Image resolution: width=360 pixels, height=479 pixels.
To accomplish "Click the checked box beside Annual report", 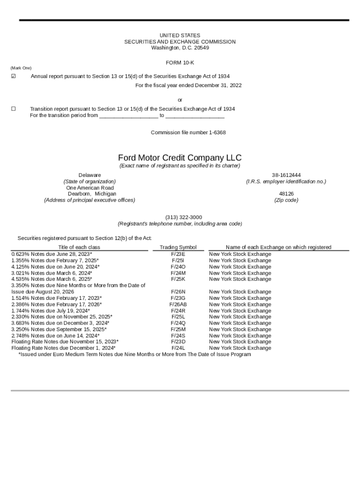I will click(x=13, y=76).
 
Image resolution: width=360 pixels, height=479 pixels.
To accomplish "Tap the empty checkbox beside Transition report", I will click(x=13, y=109).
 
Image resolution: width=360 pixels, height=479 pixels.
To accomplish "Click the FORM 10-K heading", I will click(x=180, y=63).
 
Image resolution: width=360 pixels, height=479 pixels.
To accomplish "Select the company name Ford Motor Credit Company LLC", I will click(x=180, y=158).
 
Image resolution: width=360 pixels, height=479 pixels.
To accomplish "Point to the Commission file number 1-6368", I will click(x=188, y=132).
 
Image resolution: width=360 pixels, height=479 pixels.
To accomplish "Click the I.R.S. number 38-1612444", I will click(x=286, y=175).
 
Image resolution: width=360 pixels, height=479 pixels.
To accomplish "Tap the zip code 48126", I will click(x=286, y=193).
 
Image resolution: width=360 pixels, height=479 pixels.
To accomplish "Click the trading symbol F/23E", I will click(x=178, y=254).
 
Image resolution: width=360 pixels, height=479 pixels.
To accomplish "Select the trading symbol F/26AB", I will click(x=178, y=304).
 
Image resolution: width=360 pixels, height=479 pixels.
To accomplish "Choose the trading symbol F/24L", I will click(x=178, y=348).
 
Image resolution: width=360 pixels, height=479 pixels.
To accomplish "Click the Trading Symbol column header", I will click(x=178, y=247).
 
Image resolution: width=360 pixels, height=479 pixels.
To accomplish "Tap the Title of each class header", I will click(x=79, y=247).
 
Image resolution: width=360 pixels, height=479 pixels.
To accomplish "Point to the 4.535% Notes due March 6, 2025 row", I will click(x=51, y=279).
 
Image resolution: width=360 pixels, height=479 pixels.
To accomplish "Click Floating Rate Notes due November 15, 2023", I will click(x=65, y=341).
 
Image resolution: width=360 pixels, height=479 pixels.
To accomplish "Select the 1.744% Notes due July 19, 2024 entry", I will click(x=50, y=311).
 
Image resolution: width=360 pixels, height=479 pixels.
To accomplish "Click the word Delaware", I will click(x=90, y=175).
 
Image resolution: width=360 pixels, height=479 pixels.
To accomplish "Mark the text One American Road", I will click(x=90, y=188).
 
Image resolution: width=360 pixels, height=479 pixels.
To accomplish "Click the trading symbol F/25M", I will click(x=178, y=329).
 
